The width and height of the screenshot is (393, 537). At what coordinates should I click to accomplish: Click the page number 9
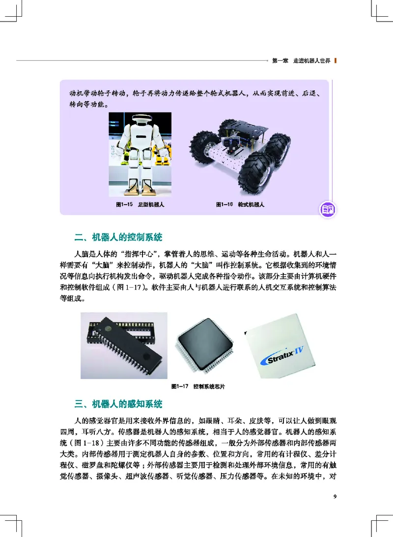pos(334,496)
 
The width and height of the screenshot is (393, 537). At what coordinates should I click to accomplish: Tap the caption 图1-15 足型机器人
pos(140,204)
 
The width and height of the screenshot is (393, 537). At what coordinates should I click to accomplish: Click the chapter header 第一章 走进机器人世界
pos(301,61)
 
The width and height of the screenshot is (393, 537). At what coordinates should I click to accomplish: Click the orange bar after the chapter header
pos(335,61)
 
